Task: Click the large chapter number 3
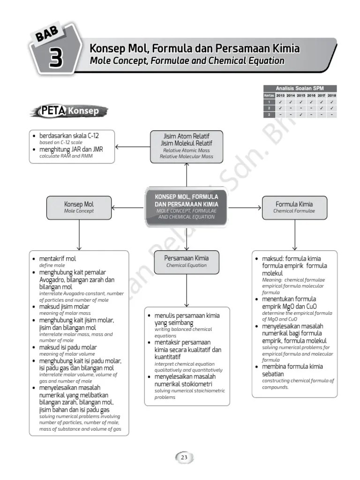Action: click(56, 60)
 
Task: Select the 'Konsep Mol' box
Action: click(79, 208)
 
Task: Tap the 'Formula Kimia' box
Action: click(294, 208)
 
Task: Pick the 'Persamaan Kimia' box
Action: click(186, 262)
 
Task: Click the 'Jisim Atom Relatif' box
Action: click(186, 146)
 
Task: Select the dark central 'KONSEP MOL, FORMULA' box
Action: click(186, 206)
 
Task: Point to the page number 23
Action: click(184, 457)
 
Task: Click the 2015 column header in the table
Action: click(301, 96)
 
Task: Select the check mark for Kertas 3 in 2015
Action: click(301, 114)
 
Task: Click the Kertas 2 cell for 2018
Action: click(332, 108)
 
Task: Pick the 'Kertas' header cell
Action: click(269, 96)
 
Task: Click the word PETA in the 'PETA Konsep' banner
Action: click(52, 111)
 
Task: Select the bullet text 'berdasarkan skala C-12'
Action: click(68, 136)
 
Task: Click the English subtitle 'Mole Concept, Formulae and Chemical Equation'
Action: click(187, 61)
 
